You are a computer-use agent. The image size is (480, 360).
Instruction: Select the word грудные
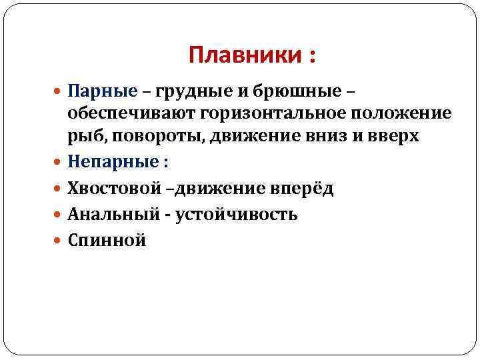(x=193, y=90)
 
